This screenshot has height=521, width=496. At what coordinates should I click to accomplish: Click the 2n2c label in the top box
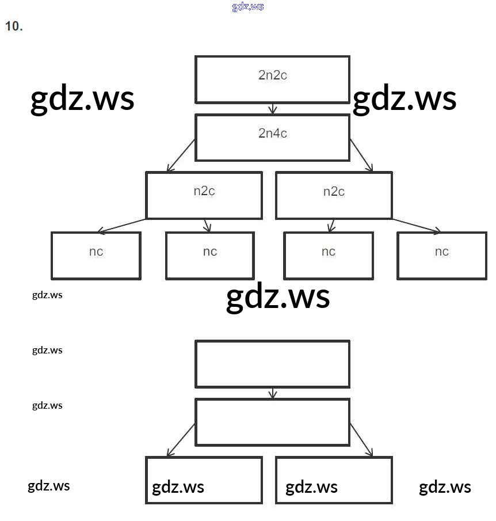[272, 75]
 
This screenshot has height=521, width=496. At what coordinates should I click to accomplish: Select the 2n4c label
[272, 134]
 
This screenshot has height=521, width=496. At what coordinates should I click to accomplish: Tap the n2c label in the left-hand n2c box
[204, 191]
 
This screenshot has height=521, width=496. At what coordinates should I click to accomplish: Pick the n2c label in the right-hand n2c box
[334, 191]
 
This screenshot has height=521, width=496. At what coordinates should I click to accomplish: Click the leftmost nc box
[96, 255]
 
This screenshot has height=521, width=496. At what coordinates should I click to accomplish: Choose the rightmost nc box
[441, 255]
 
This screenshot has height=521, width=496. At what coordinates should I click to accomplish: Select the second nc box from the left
[210, 255]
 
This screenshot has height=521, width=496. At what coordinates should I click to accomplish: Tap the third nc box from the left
[329, 255]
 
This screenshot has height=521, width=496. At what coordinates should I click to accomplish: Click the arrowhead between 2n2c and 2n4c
[273, 109]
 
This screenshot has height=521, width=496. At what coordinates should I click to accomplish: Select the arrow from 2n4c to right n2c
[361, 155]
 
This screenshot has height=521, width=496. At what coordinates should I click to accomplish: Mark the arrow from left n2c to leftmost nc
[122, 226]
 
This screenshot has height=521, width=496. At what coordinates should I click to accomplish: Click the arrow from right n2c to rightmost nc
[417, 226]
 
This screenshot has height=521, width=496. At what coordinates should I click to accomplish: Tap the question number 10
[14, 26]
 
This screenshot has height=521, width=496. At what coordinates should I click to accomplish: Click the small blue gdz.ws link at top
[248, 7]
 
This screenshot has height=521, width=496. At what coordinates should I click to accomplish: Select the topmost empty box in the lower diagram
[272, 364]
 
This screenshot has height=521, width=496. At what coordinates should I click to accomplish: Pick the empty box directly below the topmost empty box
[272, 422]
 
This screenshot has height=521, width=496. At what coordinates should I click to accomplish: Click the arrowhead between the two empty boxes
[273, 394]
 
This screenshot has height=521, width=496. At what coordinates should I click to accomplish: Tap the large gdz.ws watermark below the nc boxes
[278, 297]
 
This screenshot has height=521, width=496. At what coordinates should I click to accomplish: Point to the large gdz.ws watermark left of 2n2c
[82, 98]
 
